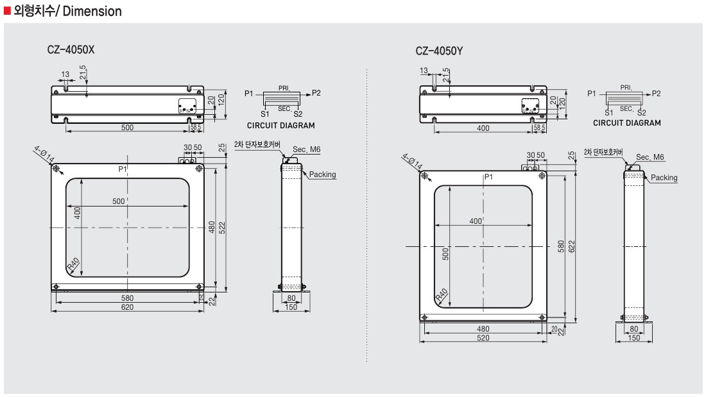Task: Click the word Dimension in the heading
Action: [x=90, y=12]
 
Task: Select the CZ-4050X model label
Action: [x=71, y=49]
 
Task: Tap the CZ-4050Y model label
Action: [x=439, y=51]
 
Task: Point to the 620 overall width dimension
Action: [x=128, y=308]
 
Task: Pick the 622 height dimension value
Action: [x=572, y=247]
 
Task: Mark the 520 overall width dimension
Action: [x=483, y=338]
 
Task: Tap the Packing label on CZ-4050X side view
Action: [x=322, y=174]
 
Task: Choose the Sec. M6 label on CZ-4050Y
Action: [x=650, y=157]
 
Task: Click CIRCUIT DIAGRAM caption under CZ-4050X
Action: [x=280, y=125]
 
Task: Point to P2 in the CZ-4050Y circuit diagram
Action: [x=656, y=94]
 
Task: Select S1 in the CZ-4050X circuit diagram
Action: [x=264, y=114]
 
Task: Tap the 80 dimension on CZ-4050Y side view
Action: [x=633, y=329]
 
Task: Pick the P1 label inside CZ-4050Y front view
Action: [x=488, y=176]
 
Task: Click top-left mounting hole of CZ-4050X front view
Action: [x=57, y=169]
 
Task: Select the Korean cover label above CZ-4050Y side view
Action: [x=603, y=152]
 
